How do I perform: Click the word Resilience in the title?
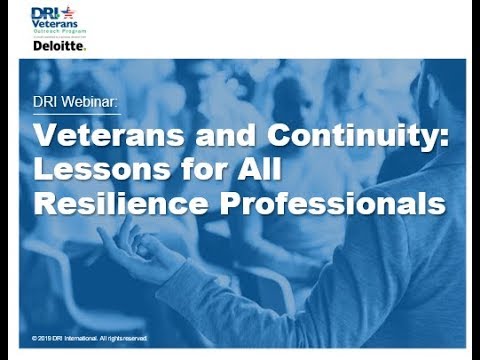(113, 202)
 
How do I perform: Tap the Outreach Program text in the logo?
(58, 31)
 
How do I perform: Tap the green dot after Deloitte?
(85, 48)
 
